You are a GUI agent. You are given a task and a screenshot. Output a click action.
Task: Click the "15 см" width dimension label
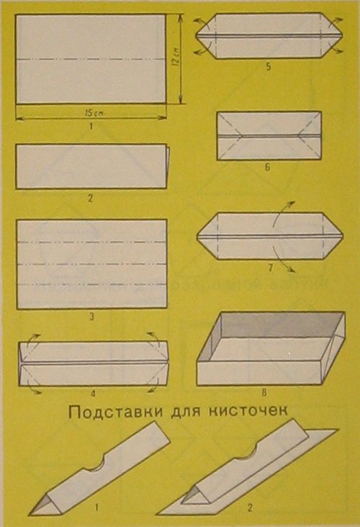pos(94,113)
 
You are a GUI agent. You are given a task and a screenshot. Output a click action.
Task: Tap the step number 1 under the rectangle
pos(91,127)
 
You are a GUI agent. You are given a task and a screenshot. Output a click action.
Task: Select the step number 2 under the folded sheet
pos(90,198)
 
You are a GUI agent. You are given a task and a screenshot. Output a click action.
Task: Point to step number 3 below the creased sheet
pos(91,317)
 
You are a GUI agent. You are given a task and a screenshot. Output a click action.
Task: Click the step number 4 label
pos(93,392)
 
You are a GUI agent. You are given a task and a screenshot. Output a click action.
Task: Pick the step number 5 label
pos(269,66)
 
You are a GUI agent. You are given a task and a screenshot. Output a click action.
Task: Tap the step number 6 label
pos(268,167)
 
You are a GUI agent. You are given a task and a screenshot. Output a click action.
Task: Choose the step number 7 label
pos(271,268)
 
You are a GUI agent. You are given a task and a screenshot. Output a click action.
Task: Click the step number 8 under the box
pos(266,392)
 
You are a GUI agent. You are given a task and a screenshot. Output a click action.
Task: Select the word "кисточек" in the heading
pos(248,410)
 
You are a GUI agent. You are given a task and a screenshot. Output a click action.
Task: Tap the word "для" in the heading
pos(187,412)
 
